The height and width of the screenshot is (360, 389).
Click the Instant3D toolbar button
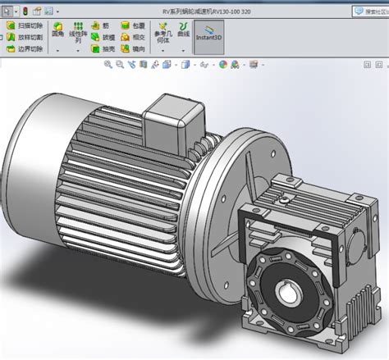coord(208,40)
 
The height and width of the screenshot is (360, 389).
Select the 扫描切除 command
coord(26,26)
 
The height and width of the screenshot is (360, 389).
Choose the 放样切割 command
coord(26,38)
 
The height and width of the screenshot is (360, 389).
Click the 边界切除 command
coord(26,49)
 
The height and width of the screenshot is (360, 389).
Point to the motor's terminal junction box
coord(168,120)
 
